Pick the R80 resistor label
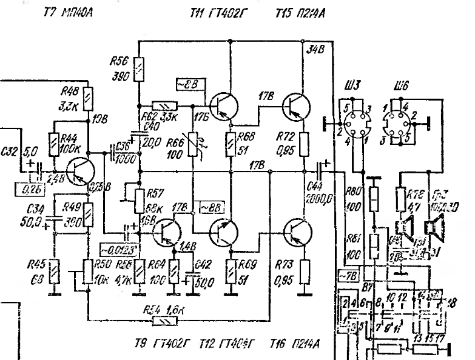353,195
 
